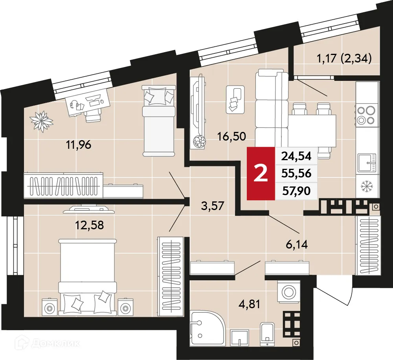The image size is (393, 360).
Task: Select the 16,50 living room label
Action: pyautogui.click(x=232, y=136)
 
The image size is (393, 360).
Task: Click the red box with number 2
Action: pyautogui.click(x=261, y=173)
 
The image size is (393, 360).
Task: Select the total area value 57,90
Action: pyautogui.click(x=296, y=191)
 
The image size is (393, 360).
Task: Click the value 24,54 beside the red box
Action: pyautogui.click(x=296, y=156)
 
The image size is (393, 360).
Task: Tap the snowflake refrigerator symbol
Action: pyautogui.click(x=367, y=186)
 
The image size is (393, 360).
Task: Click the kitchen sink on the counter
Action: pyautogui.click(x=367, y=163)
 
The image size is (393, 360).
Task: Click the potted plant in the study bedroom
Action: pyautogui.click(x=41, y=121)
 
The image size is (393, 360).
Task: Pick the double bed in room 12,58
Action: pyautogui.click(x=88, y=275)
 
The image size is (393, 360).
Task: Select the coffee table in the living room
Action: pyautogui.click(x=236, y=99)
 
